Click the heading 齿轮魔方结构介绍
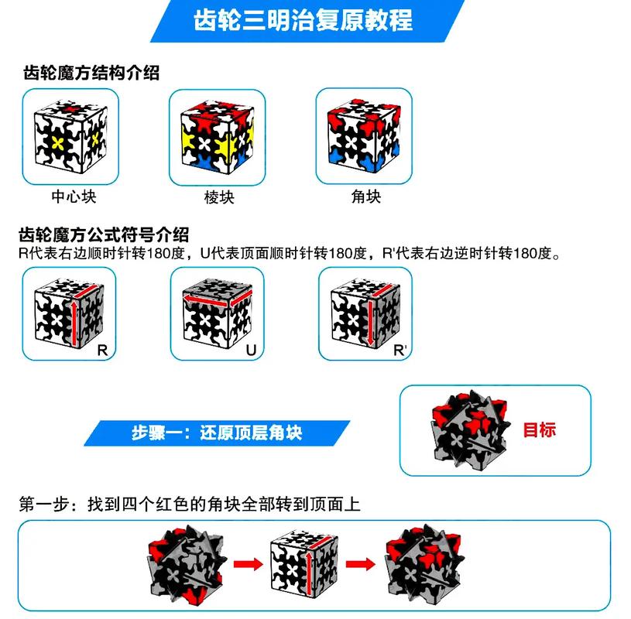tap(91, 74)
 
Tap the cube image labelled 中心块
tap(70, 136)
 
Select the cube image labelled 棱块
tap(218, 136)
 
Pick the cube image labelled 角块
tap(365, 136)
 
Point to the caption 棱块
tap(219, 197)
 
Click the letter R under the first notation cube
tap(103, 351)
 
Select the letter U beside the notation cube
tap(250, 351)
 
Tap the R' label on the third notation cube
tap(400, 351)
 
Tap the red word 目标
tap(540, 429)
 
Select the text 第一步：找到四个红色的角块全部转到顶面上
tap(190, 504)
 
